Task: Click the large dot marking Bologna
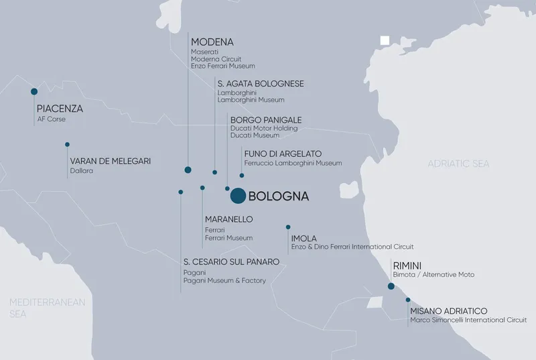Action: [238, 196]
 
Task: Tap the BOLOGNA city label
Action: [278, 197]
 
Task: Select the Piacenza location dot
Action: [34, 92]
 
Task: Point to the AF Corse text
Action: [52, 119]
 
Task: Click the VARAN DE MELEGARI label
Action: [110, 161]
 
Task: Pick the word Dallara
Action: [81, 171]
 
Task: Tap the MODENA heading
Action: [212, 42]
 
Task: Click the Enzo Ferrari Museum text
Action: [222, 66]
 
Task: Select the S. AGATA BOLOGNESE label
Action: [261, 84]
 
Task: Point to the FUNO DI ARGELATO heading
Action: [283, 154]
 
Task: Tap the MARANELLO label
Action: [228, 219]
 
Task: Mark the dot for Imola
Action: [288, 227]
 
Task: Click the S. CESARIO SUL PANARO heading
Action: [230, 261]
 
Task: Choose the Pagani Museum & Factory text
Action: [224, 280]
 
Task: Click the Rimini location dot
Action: [391, 286]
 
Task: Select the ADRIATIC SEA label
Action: [458, 164]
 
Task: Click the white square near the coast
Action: [385, 40]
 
